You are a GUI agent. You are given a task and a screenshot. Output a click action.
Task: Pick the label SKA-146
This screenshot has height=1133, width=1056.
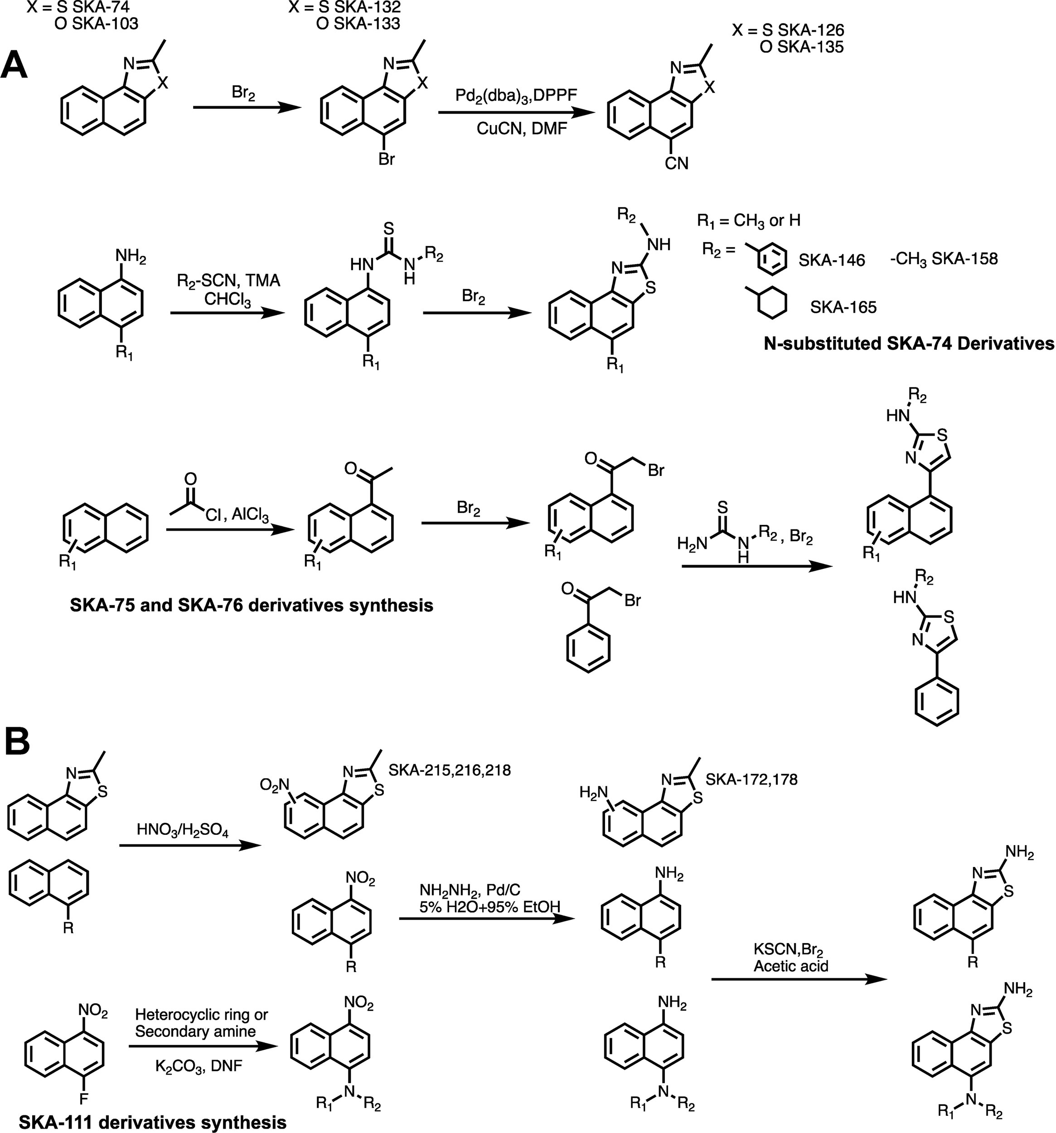pyautogui.click(x=832, y=261)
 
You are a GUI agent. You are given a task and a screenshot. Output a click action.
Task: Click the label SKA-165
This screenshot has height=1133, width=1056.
pyautogui.click(x=843, y=308)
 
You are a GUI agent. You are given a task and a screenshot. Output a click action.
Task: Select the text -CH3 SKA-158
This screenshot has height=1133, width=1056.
pyautogui.click(x=943, y=259)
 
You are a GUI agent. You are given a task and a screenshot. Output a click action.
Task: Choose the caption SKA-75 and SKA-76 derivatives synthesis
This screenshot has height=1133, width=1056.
pyautogui.click(x=252, y=605)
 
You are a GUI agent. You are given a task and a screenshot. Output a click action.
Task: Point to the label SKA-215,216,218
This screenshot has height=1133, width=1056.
pyautogui.click(x=450, y=770)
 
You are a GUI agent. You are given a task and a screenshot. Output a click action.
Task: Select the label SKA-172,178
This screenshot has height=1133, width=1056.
pyautogui.click(x=751, y=779)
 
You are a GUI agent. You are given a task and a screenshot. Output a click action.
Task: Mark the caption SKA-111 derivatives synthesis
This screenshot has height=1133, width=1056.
pyautogui.click(x=153, y=1123)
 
